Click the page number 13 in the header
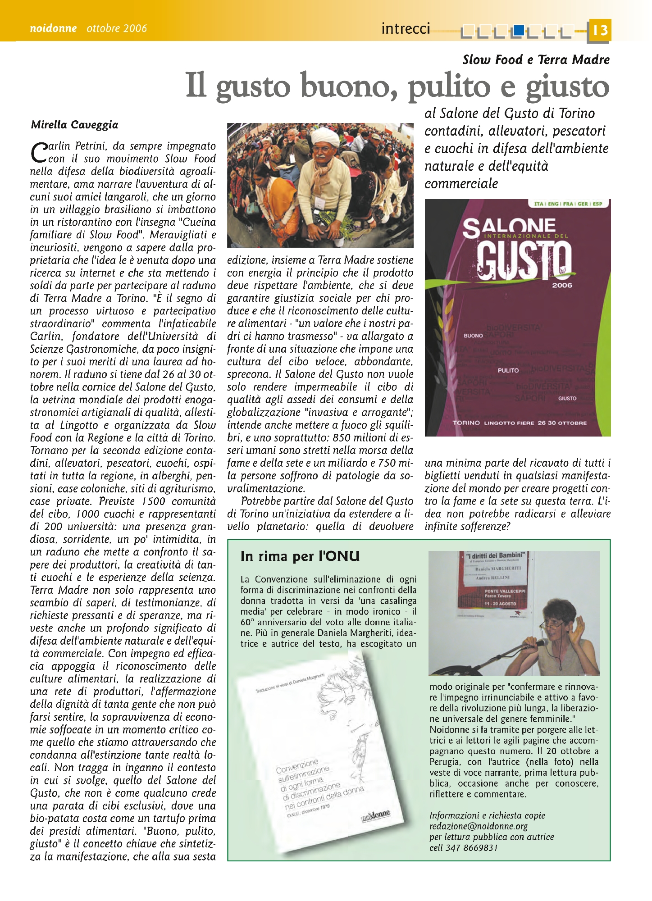[x=600, y=31]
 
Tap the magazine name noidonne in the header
[x=53, y=28]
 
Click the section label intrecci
[x=406, y=29]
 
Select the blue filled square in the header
[x=519, y=30]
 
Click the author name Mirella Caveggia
[x=75, y=125]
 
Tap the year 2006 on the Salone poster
[x=562, y=285]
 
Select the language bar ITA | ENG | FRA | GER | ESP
[x=568, y=204]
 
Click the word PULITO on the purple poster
[x=508, y=370]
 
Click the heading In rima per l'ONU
[x=300, y=556]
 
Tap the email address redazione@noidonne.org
[x=479, y=826]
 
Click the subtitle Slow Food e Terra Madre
[x=536, y=59]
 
